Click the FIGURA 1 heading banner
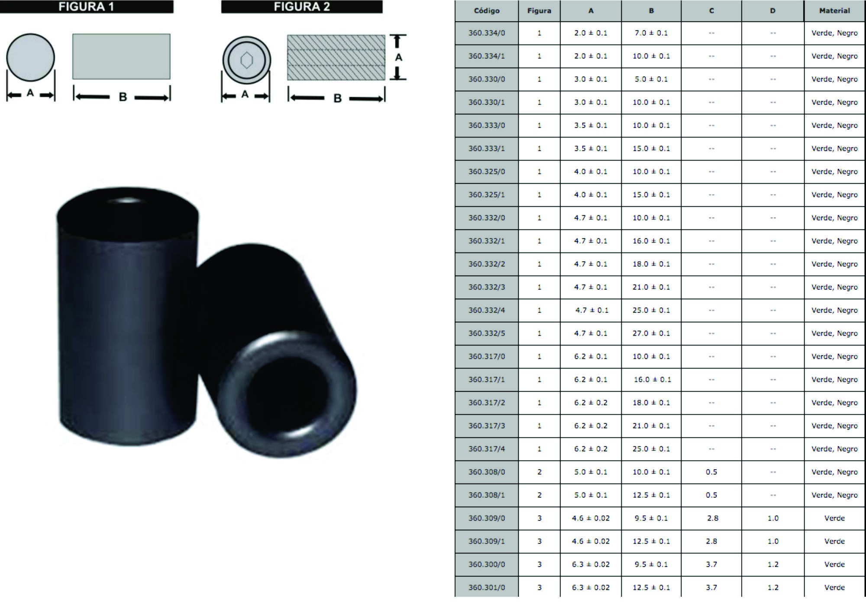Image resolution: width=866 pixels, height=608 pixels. tap(87, 6)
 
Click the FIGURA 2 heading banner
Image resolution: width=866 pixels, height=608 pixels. tap(302, 6)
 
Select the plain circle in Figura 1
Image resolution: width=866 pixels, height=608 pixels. tap(31, 58)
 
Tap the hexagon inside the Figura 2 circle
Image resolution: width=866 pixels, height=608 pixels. tap(247, 61)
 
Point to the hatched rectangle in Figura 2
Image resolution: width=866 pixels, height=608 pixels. tap(336, 58)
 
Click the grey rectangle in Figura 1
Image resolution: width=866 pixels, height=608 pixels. tap(121, 57)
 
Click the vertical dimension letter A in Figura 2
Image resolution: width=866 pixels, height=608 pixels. tap(398, 57)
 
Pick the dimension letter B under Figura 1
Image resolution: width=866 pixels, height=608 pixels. tap(123, 97)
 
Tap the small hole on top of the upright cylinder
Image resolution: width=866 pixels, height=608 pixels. tap(127, 200)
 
